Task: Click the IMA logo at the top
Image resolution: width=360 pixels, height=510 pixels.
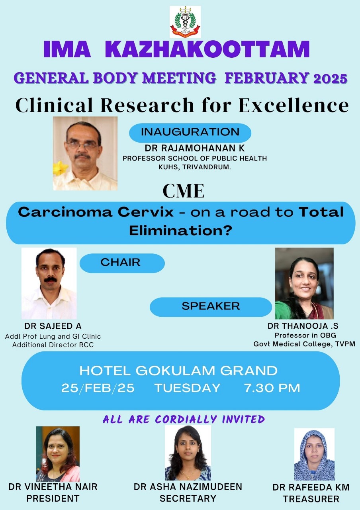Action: point(185,22)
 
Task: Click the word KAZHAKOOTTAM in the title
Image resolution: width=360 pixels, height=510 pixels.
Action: point(207,49)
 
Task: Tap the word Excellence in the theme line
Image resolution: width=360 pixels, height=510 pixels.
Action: point(293,105)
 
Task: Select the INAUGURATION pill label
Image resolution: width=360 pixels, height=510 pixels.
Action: point(190,132)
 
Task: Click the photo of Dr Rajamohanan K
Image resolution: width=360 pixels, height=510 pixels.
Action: point(85,153)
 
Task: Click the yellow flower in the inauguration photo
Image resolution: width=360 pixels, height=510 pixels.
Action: point(60,168)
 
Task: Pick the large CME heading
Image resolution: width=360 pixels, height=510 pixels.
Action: point(184,191)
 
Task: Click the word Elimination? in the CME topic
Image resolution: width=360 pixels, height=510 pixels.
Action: point(181,231)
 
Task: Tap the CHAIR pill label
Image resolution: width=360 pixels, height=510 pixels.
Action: point(122,263)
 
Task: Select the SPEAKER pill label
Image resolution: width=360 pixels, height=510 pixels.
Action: point(211,307)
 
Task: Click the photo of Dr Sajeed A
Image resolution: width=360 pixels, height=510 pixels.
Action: point(49,283)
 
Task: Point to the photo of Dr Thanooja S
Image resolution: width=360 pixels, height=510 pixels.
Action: point(304,283)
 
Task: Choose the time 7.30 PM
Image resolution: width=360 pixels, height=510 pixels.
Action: point(272,388)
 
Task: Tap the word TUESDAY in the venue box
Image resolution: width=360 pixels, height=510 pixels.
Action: point(187,388)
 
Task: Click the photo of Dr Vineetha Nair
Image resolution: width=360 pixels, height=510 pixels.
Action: point(58,454)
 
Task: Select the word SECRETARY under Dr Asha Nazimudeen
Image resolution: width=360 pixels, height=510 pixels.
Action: point(188,498)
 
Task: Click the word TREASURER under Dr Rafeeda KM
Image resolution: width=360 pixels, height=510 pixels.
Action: point(311,498)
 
